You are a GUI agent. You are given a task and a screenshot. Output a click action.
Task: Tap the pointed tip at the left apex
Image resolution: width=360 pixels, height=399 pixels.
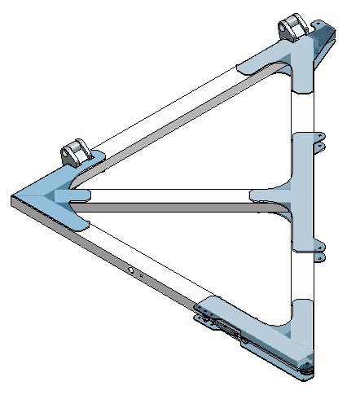coord(14,198)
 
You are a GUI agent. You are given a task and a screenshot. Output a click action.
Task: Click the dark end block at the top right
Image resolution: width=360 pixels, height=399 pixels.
coord(323,37)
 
